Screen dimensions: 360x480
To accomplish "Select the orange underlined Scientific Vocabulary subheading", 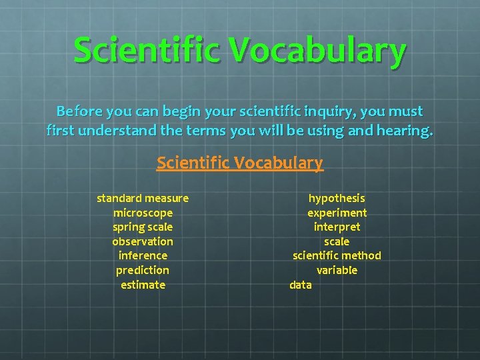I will (239, 163).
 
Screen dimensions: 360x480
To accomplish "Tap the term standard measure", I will (143, 198).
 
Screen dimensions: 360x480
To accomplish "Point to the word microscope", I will (143, 213).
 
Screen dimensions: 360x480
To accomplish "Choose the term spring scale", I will (143, 227).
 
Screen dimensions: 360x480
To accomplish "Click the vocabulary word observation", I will (143, 241).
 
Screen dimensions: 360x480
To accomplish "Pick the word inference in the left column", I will (143, 255).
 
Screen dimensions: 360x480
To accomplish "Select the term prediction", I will (143, 270).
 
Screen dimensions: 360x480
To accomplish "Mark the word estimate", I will (143, 285).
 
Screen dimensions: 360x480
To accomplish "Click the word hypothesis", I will (337, 198).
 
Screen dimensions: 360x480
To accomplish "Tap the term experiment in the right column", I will (337, 213).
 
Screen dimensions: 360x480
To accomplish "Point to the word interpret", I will (337, 227).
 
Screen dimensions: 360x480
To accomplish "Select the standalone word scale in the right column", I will (337, 241).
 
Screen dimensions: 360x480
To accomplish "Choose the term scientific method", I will (337, 255).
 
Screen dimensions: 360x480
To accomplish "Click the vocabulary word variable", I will (337, 270).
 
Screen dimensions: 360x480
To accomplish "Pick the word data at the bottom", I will (301, 285).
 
